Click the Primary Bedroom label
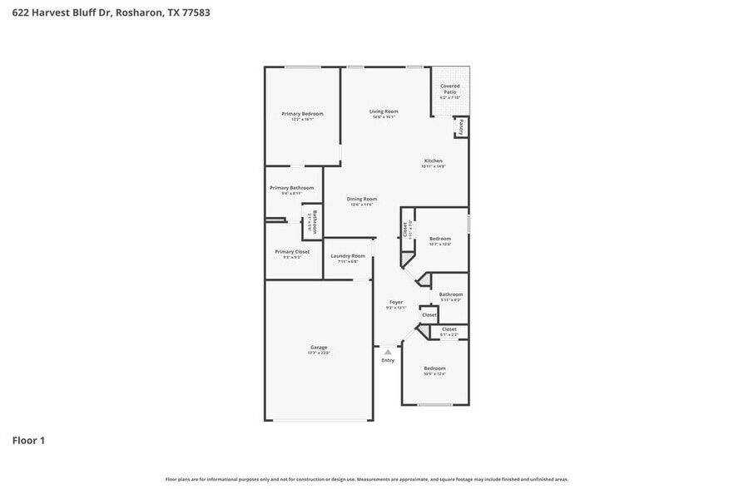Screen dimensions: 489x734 click(302, 114)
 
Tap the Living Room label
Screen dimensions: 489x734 click(384, 111)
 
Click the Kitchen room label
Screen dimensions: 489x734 click(434, 161)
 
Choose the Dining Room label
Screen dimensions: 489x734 click(362, 199)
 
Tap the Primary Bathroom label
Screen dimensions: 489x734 click(291, 188)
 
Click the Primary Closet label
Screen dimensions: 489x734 click(292, 251)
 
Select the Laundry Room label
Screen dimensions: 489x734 click(348, 256)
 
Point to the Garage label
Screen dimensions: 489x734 click(319, 348)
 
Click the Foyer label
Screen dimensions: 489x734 click(396, 302)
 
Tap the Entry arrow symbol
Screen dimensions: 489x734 click(388, 352)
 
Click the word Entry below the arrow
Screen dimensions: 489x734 click(388, 360)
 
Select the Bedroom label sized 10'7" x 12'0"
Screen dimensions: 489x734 click(440, 238)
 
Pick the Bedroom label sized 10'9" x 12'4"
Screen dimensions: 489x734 click(434, 368)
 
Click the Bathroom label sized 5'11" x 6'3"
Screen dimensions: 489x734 click(451, 294)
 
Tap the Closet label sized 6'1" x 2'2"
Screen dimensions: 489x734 click(449, 329)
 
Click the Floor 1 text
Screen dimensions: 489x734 click(28, 440)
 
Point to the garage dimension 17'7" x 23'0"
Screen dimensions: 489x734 click(319, 353)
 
